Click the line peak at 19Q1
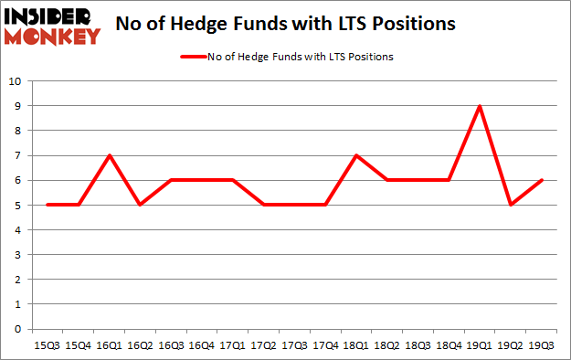tap(479, 106)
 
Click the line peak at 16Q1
tap(109, 155)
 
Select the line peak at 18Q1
tap(355, 155)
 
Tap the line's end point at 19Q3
tap(541, 180)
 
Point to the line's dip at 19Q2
tap(510, 205)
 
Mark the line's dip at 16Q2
tap(140, 205)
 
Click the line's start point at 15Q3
tap(48, 205)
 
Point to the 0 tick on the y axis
tap(17, 329)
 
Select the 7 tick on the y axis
tap(17, 155)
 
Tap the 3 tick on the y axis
tap(17, 255)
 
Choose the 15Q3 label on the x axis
tap(48, 344)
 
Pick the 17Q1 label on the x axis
tap(232, 344)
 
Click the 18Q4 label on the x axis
tap(448, 344)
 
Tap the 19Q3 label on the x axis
tap(541, 344)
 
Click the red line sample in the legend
tap(195, 58)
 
